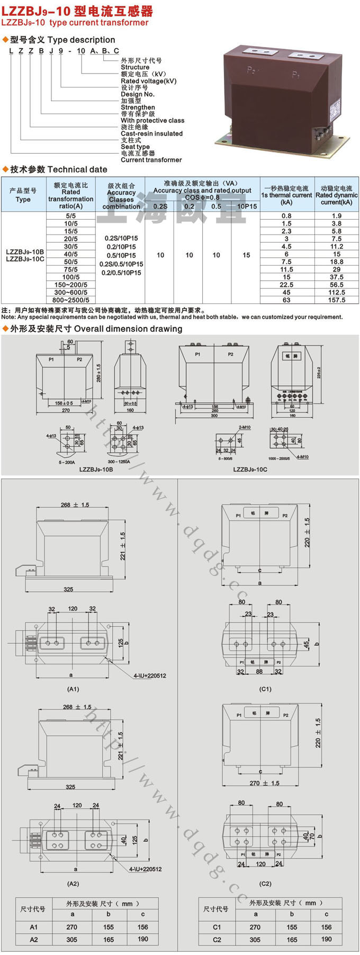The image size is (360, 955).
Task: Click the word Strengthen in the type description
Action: (x=138, y=107)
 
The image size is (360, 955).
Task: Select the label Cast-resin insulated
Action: (x=151, y=134)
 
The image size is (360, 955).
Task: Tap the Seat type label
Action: (x=135, y=147)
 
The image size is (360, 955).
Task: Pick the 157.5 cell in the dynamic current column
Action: (x=336, y=300)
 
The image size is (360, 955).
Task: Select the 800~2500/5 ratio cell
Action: (x=71, y=300)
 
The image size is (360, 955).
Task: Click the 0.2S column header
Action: (x=160, y=206)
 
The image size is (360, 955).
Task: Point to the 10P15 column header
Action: (x=246, y=206)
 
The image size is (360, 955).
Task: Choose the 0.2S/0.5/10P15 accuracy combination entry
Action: (x=121, y=264)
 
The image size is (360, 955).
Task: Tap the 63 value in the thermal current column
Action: (x=286, y=300)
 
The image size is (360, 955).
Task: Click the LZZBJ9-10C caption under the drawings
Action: (x=250, y=469)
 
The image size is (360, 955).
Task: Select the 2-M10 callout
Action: (x=245, y=427)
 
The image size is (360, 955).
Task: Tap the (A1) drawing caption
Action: (x=73, y=689)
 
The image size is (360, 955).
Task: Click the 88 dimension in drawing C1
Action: (x=259, y=672)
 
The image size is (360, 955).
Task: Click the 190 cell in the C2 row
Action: (x=326, y=939)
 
